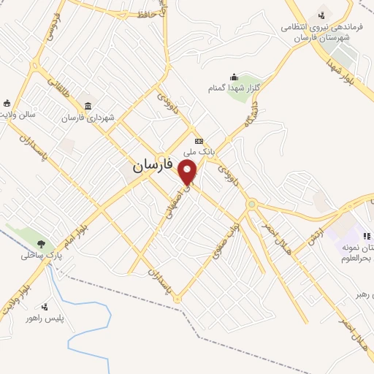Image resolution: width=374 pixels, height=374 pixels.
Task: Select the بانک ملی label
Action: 198,151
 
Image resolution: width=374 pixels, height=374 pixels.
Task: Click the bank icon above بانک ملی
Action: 198,140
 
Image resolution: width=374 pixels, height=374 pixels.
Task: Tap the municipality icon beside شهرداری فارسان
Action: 88,107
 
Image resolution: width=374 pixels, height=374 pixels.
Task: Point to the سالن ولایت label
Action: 18,115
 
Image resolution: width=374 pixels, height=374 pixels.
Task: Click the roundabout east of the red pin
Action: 252,204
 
